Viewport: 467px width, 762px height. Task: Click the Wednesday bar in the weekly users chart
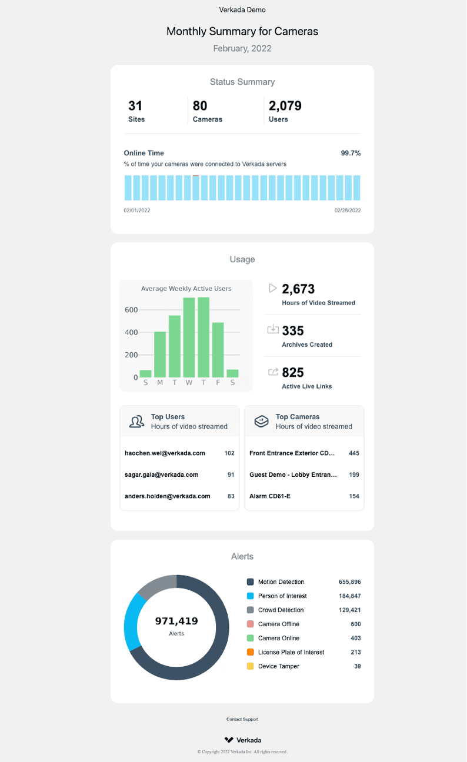189,337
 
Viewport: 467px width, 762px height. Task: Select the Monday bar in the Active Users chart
160,355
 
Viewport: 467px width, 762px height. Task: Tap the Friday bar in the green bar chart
218,350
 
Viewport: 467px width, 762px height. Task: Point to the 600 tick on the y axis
131,310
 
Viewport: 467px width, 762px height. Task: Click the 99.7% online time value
351,153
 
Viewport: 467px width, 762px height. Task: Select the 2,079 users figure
285,106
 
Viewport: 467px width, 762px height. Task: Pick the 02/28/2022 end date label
348,210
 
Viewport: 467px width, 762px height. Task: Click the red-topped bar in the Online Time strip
196,188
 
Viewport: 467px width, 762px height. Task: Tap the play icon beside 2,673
273,288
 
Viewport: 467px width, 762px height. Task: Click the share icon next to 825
273,372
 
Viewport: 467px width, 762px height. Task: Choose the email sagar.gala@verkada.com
162,474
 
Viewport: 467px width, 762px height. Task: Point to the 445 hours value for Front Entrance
353,453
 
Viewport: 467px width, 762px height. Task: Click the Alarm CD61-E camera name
270,496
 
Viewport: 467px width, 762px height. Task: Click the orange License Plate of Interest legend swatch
250,652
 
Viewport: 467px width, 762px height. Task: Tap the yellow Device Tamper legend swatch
250,666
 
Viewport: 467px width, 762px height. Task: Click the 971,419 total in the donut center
176,621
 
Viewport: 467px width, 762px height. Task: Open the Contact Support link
242,719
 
